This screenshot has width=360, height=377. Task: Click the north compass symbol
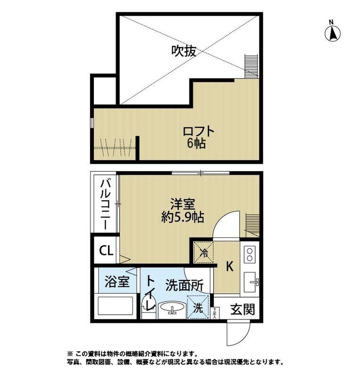(x=334, y=32)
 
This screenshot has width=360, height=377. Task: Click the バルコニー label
(x=106, y=204)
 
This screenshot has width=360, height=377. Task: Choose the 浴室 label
(x=117, y=283)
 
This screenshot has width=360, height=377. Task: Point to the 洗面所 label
(x=184, y=286)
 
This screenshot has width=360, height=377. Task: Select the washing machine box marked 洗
(x=199, y=308)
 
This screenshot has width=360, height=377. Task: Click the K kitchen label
(x=229, y=267)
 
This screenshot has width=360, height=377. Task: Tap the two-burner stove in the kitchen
(x=250, y=256)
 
